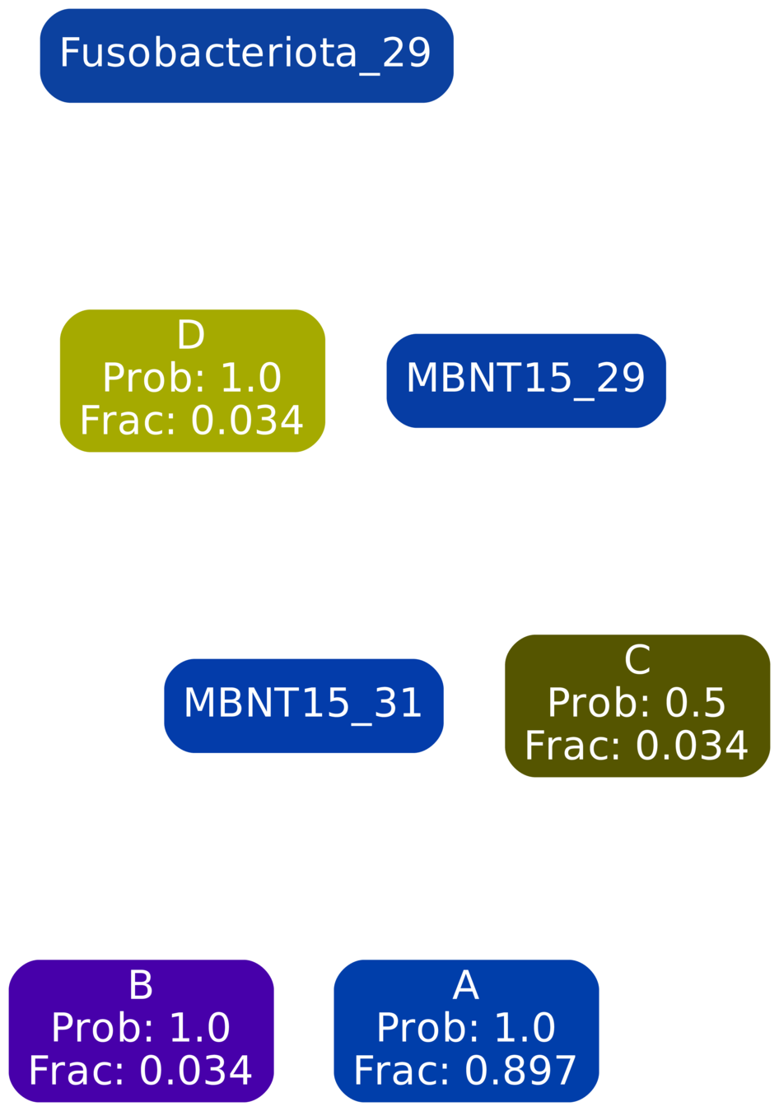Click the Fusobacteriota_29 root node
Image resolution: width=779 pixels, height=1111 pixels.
point(245,54)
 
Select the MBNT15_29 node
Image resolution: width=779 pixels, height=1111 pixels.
point(525,379)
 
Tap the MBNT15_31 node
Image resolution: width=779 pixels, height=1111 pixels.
point(303,704)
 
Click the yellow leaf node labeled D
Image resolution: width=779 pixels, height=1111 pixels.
point(192,379)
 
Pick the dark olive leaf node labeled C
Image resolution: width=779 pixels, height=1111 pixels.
point(637,704)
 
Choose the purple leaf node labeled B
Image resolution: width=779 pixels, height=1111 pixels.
point(141,1029)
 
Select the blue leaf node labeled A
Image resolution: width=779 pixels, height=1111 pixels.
point(466,1029)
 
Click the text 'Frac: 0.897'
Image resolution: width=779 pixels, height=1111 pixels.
point(465,1071)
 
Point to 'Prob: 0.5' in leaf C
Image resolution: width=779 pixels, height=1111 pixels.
point(637,703)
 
